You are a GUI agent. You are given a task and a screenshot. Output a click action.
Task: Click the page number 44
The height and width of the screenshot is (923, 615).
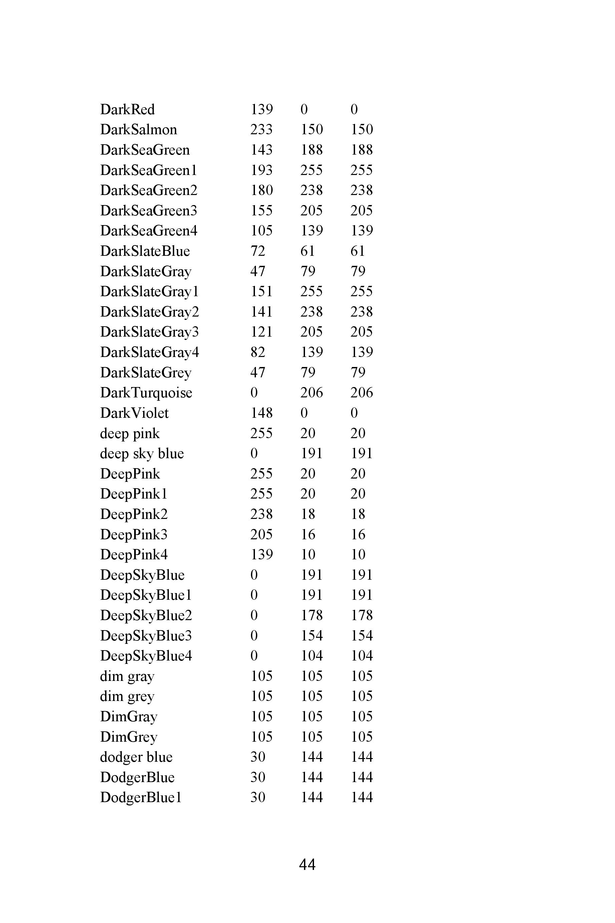[307, 865]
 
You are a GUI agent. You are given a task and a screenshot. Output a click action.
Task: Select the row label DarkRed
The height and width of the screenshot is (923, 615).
[127, 110]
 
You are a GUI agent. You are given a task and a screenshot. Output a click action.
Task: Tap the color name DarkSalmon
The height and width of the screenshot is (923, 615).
[138, 130]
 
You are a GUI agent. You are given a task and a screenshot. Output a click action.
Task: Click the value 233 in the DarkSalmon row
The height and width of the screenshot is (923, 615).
[261, 130]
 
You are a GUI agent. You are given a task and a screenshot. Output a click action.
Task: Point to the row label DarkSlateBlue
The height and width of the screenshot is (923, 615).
[145, 251]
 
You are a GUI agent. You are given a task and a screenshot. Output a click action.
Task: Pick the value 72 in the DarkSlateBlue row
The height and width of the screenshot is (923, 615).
[258, 251]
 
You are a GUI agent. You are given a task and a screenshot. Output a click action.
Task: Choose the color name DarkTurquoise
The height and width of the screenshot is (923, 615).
[146, 393]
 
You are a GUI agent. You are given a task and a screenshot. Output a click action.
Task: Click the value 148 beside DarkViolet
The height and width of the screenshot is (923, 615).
[261, 413]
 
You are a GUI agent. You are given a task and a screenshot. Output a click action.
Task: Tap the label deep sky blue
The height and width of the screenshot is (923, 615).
[141, 453]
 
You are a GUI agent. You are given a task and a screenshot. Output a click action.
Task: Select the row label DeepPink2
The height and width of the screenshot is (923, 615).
[134, 514]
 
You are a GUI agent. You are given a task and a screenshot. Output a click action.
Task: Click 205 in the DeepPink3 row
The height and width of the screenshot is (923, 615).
[261, 535]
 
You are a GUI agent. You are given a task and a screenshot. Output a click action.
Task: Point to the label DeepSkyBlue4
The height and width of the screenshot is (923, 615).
[146, 656]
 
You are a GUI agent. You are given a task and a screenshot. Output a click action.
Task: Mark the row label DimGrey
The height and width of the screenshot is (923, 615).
[129, 737]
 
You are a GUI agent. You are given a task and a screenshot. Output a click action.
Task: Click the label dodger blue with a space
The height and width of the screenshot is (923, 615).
[136, 757]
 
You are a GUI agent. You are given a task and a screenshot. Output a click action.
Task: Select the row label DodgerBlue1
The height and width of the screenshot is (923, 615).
[141, 797]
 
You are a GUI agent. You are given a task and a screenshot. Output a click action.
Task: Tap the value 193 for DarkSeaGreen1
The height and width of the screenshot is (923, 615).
[261, 170]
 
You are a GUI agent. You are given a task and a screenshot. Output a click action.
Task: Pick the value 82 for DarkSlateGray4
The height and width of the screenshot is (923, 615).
[258, 352]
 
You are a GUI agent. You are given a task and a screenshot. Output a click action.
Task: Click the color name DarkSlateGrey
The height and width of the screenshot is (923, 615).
[145, 372]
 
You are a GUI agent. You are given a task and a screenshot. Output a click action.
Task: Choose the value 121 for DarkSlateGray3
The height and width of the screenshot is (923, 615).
[261, 332]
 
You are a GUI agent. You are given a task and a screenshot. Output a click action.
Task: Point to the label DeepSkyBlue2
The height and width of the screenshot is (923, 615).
[146, 615]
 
